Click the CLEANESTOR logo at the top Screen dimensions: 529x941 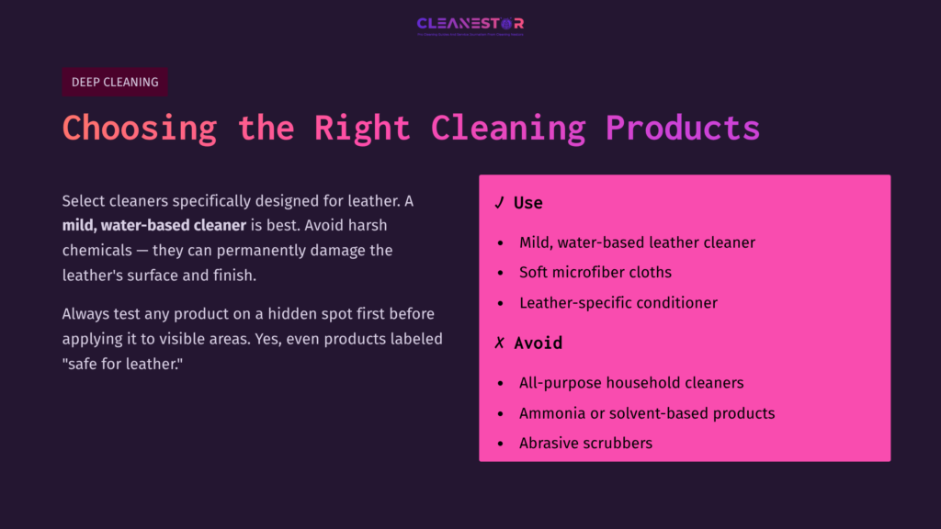click(470, 25)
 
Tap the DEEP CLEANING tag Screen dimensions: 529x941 click(115, 82)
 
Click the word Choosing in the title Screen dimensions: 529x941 click(140, 128)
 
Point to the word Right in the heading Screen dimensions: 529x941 click(362, 128)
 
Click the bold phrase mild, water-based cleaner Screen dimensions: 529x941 click(154, 225)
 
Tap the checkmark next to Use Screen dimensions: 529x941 click(499, 203)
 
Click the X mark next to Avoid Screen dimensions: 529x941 click(499, 343)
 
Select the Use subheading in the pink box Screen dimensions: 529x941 click(528, 203)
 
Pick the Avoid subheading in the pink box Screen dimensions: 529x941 click(538, 343)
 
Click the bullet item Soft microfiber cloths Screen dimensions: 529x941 click(595, 273)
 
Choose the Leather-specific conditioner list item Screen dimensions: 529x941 click(618, 303)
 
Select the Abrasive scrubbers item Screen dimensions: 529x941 click(585, 444)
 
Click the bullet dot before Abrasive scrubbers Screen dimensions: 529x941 click(500, 444)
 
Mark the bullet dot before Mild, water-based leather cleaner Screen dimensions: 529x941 click(500, 243)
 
